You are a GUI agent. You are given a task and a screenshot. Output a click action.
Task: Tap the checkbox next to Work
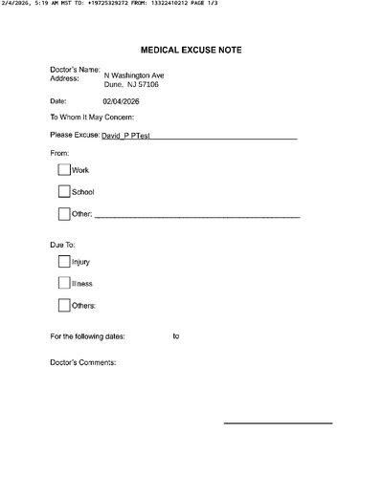coord(64,169)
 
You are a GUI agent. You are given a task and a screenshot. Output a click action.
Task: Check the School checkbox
coord(64,191)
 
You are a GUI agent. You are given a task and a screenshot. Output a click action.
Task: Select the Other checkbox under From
coord(64,214)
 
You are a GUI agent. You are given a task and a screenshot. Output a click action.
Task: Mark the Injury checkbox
coord(64,261)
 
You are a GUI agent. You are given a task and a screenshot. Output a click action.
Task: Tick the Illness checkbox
coord(64,283)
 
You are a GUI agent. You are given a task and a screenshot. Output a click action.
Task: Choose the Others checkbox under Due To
coord(64,306)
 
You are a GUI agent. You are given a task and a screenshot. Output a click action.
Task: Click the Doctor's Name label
coord(75,70)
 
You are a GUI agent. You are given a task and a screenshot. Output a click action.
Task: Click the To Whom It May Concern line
coord(92,118)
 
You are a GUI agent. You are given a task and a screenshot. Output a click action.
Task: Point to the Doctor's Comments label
coord(82,363)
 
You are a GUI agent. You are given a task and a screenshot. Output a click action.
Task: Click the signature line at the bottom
coord(278,422)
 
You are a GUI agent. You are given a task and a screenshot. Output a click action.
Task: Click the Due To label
coord(62,246)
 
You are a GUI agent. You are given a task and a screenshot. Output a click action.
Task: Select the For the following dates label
coord(94,336)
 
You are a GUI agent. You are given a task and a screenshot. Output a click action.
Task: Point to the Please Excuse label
coord(74,137)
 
